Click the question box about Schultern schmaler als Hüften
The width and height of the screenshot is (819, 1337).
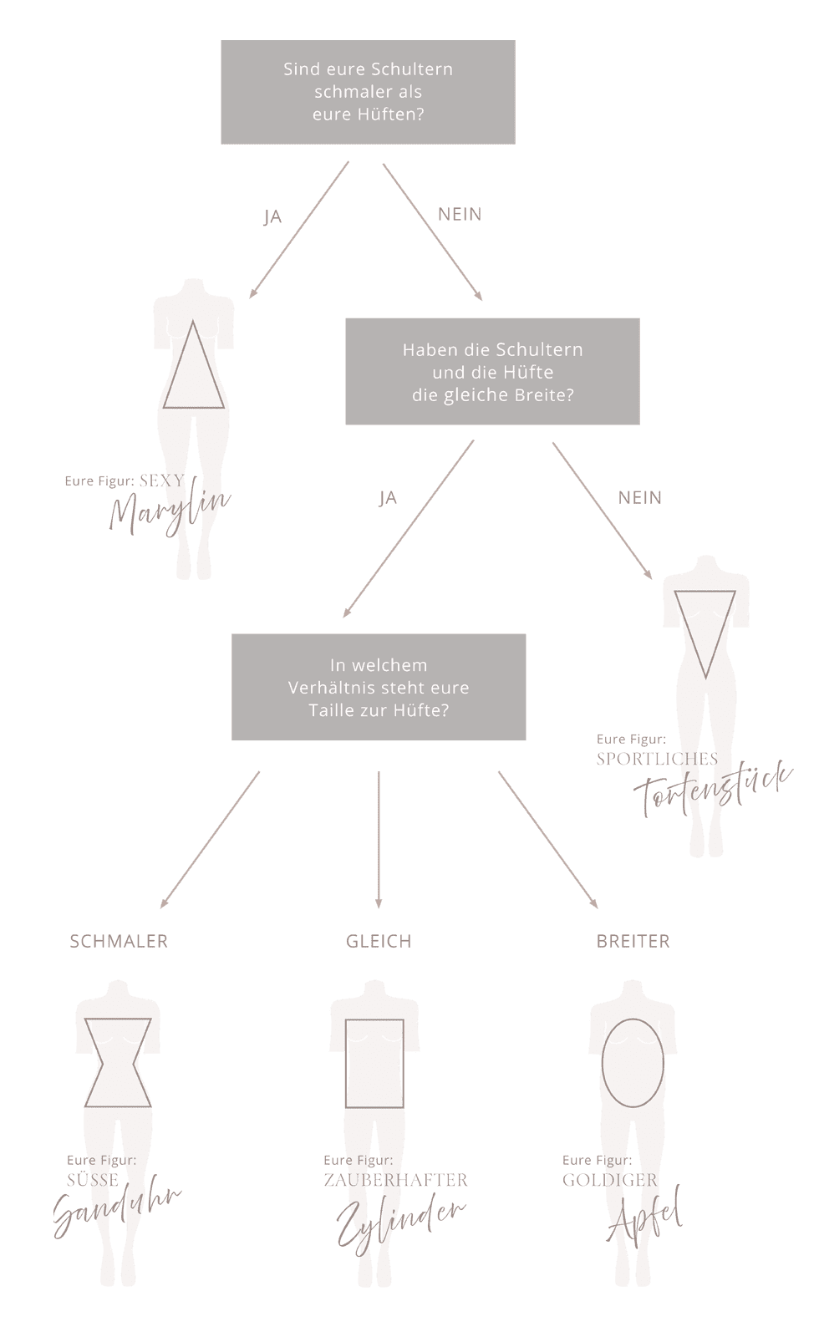pyautogui.click(x=368, y=92)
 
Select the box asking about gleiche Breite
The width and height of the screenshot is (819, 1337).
pyautogui.click(x=492, y=372)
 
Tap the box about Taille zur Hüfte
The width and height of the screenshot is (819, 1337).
pyautogui.click(x=379, y=688)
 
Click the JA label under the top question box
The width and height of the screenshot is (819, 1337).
pyautogui.click(x=272, y=217)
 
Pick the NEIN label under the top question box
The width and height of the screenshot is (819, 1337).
pyautogui.click(x=460, y=215)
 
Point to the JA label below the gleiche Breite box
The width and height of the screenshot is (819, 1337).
pyautogui.click(x=387, y=499)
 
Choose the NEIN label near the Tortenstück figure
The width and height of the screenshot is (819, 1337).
pyautogui.click(x=640, y=498)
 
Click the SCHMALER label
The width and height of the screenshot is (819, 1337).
pyautogui.click(x=119, y=941)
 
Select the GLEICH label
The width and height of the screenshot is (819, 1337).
pyautogui.click(x=379, y=941)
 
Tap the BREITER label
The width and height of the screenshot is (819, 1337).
pyautogui.click(x=633, y=941)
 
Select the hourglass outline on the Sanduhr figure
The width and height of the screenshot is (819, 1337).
pyautogui.click(x=118, y=1062)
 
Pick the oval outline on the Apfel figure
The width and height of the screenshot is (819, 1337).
pyautogui.click(x=633, y=1062)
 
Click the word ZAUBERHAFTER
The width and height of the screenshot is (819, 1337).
pyautogui.click(x=395, y=1180)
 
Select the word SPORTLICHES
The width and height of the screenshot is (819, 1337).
pyautogui.click(x=657, y=759)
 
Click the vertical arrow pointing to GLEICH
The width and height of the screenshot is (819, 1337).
pyautogui.click(x=379, y=840)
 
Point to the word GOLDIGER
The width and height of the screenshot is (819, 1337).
pyautogui.click(x=610, y=1180)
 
